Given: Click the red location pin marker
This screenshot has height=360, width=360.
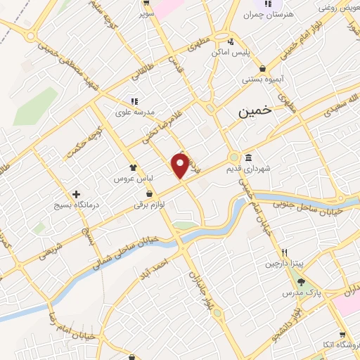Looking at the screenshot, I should pyautogui.click(x=181, y=165).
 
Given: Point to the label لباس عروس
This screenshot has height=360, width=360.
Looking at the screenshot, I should pyautogui.click(x=134, y=179).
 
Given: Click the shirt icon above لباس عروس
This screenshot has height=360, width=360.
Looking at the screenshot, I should pyautogui.click(x=132, y=167).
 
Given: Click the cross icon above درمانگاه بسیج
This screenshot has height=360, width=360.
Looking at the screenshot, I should pyautogui.click(x=76, y=193).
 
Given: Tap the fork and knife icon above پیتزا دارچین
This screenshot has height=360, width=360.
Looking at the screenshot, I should pyautogui.click(x=285, y=252).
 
